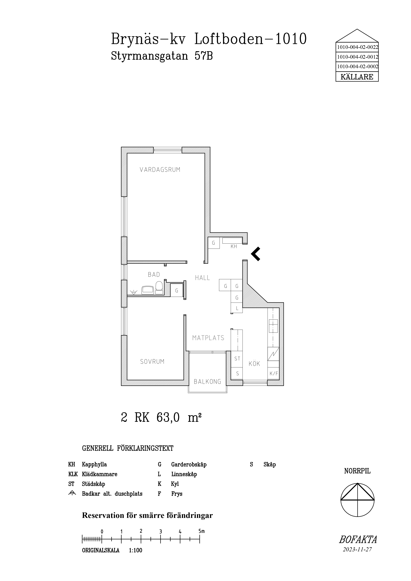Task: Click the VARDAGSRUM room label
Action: [160, 170]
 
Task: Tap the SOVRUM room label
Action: [152, 362]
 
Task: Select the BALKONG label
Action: [207, 382]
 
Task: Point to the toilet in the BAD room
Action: [159, 288]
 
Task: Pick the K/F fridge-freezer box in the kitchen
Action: [274, 373]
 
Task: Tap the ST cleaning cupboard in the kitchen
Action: [237, 359]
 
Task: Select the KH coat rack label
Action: [234, 246]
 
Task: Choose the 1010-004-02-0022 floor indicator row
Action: [357, 47]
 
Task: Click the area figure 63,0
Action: [168, 418]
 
